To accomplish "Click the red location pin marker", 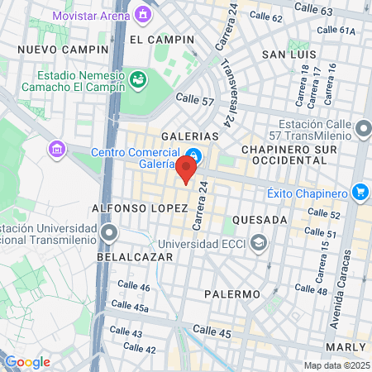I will tap(186, 169).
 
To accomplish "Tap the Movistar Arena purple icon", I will tap(145, 14).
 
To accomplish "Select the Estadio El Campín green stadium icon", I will tap(139, 79).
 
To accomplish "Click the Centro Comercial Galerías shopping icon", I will tap(193, 155).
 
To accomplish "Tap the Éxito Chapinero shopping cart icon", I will tap(360, 193).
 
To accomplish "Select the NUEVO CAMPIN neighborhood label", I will tap(53, 49).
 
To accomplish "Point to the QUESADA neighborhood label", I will tap(260, 220).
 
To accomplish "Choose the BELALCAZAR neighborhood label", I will tap(135, 257).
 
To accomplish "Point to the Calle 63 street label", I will tap(313, 11).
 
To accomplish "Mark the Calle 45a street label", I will tap(133, 308).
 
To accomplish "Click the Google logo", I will tap(27, 361).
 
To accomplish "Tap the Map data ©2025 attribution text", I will tap(335, 365).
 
